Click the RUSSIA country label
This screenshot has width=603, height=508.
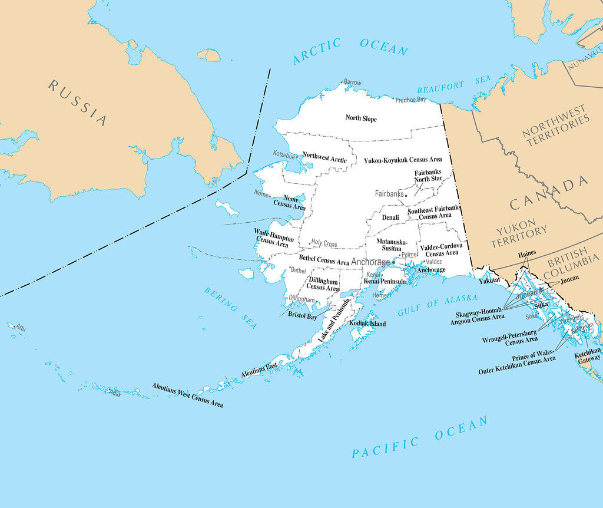[x=78, y=103]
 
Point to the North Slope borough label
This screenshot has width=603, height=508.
[x=361, y=118]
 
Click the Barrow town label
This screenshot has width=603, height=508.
[x=353, y=83]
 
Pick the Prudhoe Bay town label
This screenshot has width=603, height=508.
[x=410, y=100]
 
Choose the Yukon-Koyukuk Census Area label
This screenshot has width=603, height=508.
[x=403, y=160]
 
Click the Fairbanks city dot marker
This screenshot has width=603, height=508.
[x=406, y=195]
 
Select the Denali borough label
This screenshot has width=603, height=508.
[x=390, y=217]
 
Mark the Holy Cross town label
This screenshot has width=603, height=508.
[x=324, y=243]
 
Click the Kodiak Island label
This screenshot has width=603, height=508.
[x=367, y=324]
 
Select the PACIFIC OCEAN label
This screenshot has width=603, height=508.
[x=420, y=437]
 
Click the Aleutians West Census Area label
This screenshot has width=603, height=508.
[x=187, y=395]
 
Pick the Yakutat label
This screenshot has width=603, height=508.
[x=489, y=281]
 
